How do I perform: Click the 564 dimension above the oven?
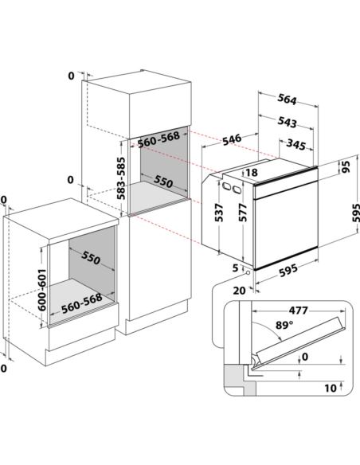(287, 100)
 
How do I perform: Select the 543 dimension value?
(287, 122)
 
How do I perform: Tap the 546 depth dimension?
(233, 139)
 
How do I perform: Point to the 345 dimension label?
(295, 144)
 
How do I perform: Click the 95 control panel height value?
(346, 166)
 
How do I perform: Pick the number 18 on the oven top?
(252, 172)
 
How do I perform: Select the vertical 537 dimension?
(219, 213)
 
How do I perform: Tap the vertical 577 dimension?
(243, 213)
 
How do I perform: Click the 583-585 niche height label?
(121, 178)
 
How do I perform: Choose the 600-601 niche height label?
(41, 290)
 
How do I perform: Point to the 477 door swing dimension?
(299, 311)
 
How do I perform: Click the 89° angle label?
(284, 325)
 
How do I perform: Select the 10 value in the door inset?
(331, 388)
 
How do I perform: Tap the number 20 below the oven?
(239, 291)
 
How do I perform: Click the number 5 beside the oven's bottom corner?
(235, 268)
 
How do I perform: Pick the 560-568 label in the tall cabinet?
(158, 139)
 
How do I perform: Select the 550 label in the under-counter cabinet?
(91, 257)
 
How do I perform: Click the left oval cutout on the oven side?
(227, 186)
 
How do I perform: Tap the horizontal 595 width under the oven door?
(288, 271)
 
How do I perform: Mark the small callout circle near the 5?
(248, 272)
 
